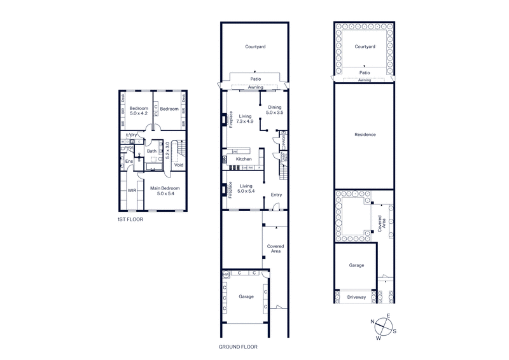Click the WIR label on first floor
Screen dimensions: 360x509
(132, 190)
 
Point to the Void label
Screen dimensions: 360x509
(179, 165)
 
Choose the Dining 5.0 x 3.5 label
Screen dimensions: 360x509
(274, 111)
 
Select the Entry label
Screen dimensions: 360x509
(276, 195)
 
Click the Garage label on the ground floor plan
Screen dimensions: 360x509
(246, 296)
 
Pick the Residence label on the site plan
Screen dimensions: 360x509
(366, 135)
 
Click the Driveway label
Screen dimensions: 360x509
(356, 297)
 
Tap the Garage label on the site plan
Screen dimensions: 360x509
(356, 265)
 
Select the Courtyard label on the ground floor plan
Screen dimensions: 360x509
(256, 46)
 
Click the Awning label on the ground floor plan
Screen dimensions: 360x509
(255, 87)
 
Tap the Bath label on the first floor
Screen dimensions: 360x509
(151, 151)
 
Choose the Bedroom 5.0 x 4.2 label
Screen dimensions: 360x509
(139, 111)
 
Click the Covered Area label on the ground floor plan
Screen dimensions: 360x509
(275, 248)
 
